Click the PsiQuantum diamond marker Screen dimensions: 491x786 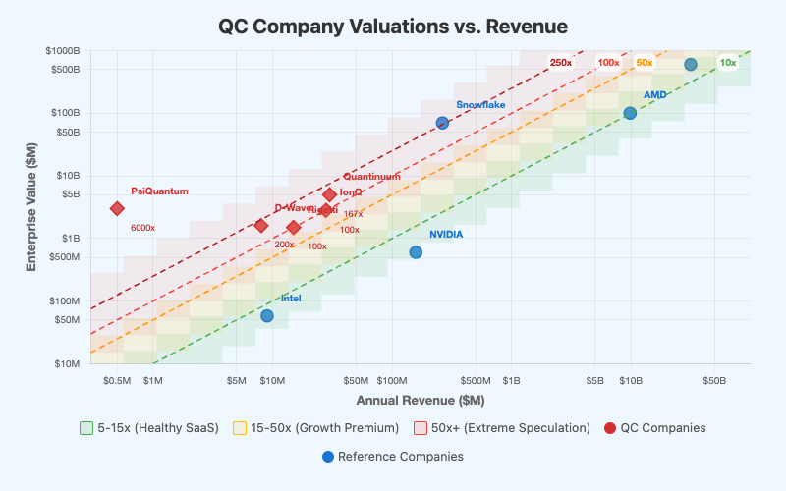coord(117,208)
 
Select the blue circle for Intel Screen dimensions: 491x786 coord(267,315)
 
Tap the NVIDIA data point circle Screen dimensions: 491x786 coord(416,252)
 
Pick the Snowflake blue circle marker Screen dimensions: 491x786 coord(442,123)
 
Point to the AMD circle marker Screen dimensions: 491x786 coord(630,113)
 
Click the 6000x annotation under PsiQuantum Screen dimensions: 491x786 coord(143,228)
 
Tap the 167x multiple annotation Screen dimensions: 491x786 coord(353,214)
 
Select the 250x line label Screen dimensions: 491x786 coord(561,63)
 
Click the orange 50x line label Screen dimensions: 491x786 coord(644,63)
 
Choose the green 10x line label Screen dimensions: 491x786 coord(728,63)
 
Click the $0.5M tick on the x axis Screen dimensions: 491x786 coord(118,380)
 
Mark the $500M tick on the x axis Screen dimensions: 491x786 coord(476,380)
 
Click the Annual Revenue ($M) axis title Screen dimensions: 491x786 coord(421,400)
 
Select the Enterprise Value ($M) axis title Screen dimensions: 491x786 coord(31,206)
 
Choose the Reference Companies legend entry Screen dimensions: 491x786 coord(393,457)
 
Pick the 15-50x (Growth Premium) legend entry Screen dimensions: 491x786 coord(315,428)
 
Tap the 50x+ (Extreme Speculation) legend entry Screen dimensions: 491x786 coord(502,428)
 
